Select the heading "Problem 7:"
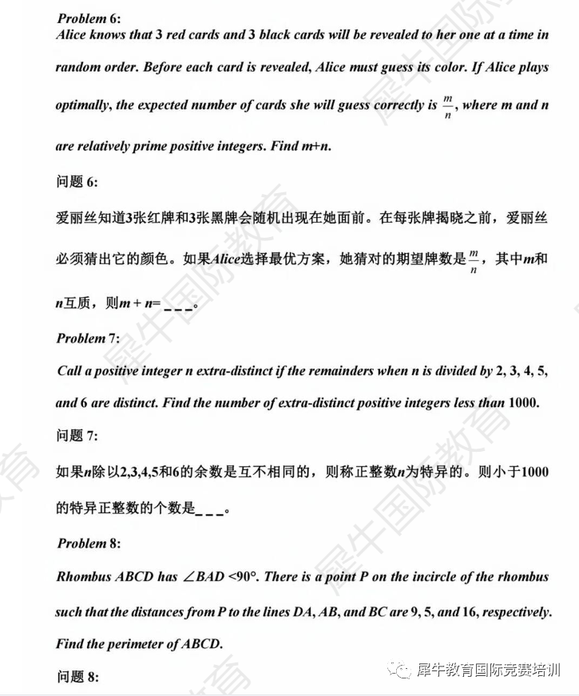click(x=88, y=338)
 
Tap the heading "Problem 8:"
click(x=88, y=544)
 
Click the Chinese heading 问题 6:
click(x=77, y=181)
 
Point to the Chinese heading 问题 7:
click(x=77, y=435)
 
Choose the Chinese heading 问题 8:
click(x=77, y=677)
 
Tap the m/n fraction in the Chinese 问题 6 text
click(x=474, y=260)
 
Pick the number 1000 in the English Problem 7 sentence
click(x=523, y=403)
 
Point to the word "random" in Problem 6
click(x=80, y=68)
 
